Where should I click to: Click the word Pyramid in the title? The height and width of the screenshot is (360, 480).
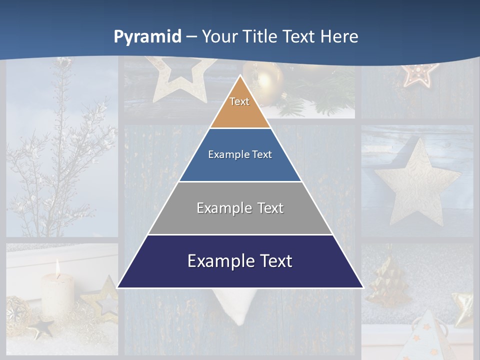tap(147, 37)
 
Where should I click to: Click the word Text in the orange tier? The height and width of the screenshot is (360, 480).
tap(239, 101)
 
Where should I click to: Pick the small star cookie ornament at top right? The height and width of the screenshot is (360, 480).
tap(420, 74)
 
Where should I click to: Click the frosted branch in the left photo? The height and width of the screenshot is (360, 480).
tap(60, 150)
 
